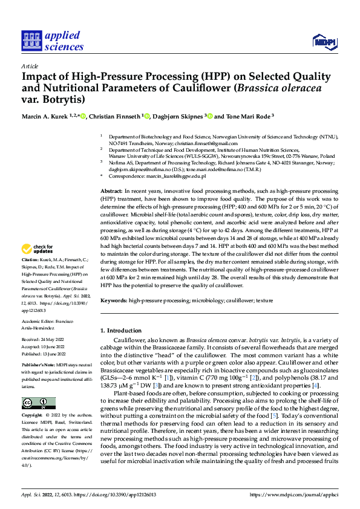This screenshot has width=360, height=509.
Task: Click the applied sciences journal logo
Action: pos(53,41)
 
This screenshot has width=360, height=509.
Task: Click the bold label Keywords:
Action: pos(113,300)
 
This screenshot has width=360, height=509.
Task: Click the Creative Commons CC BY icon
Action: pos(38,403)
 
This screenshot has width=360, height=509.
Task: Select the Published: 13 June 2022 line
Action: pos(43,354)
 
